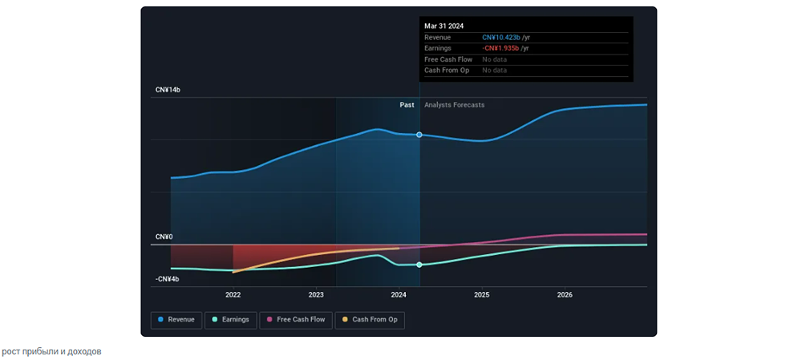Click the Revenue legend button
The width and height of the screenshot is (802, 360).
pyautogui.click(x=176, y=320)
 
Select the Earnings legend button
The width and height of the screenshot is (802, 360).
pyautogui.click(x=230, y=320)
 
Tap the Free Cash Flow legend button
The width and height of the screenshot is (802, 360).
pyautogui.click(x=296, y=320)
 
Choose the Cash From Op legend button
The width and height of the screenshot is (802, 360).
pyautogui.click(x=370, y=320)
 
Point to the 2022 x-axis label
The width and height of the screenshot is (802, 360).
pyautogui.click(x=233, y=295)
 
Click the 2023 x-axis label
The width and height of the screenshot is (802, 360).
pyautogui.click(x=316, y=295)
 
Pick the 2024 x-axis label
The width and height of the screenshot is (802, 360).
pyautogui.click(x=399, y=295)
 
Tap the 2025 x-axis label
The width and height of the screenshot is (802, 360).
pyautogui.click(x=482, y=295)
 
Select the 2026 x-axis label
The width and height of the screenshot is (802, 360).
pyautogui.click(x=565, y=295)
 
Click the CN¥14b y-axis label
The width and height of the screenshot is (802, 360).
pyautogui.click(x=168, y=90)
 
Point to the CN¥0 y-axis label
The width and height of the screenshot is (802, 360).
pyautogui.click(x=164, y=237)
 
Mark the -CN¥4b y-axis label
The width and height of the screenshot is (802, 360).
pyautogui.click(x=168, y=279)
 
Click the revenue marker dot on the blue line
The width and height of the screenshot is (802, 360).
pyautogui.click(x=419, y=135)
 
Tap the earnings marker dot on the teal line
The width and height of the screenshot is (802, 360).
pyautogui.click(x=419, y=265)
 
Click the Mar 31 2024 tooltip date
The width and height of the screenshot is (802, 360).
pyautogui.click(x=444, y=26)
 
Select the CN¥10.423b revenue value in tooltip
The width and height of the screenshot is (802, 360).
pyautogui.click(x=501, y=38)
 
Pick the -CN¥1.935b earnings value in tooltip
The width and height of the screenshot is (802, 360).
pyautogui.click(x=501, y=49)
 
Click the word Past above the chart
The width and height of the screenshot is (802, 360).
pyautogui.click(x=407, y=105)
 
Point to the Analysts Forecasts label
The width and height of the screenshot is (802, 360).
pyautogui.click(x=455, y=105)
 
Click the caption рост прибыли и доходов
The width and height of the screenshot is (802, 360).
pyautogui.click(x=51, y=351)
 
